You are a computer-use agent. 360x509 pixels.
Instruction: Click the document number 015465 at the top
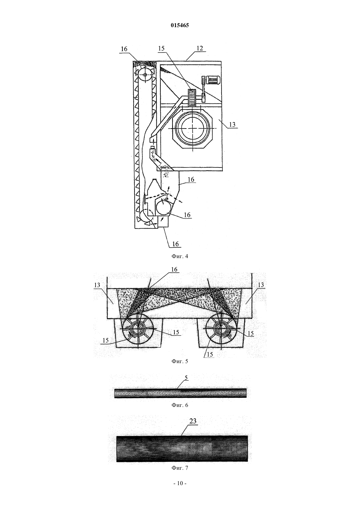(180, 25)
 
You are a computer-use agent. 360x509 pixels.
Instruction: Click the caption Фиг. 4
(180, 256)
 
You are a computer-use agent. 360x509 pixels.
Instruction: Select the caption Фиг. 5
(180, 361)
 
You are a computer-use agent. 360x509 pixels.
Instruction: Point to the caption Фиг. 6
(180, 405)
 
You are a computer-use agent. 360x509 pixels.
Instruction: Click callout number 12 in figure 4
(200, 48)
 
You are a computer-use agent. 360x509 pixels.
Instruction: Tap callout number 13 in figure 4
(232, 125)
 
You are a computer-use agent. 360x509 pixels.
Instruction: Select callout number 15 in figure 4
(161, 48)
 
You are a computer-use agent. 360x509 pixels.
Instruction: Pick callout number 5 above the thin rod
(186, 377)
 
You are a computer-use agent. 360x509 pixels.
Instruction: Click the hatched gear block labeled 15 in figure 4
(191, 98)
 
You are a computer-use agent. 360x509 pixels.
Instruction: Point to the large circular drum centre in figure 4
(192, 129)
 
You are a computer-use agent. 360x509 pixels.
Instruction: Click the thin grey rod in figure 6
(180, 393)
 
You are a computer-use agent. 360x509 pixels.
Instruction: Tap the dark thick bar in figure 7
(182, 448)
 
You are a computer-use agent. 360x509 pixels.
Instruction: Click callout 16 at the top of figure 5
(174, 270)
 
